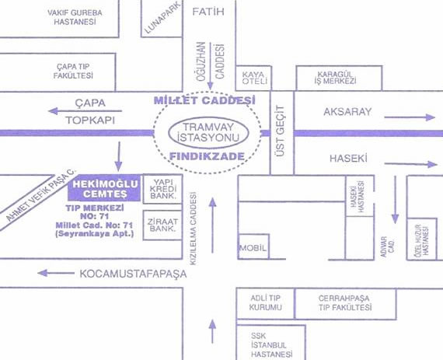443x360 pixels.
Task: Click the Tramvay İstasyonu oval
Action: click(x=208, y=121)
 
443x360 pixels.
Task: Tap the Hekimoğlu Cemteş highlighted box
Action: click(x=104, y=188)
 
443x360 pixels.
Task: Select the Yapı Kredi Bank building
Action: click(x=162, y=189)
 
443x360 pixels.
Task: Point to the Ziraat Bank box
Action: click(x=162, y=225)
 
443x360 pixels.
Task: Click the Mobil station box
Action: click(x=253, y=246)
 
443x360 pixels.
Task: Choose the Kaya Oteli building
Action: click(x=253, y=79)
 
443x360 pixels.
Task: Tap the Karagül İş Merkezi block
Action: click(x=339, y=79)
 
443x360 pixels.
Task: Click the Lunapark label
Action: click(x=162, y=19)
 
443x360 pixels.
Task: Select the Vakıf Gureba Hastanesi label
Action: click(x=75, y=17)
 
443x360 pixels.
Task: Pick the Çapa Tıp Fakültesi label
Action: click(x=73, y=71)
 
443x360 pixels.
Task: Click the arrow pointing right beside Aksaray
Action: click(x=410, y=117)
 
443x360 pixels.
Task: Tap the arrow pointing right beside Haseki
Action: click(x=411, y=164)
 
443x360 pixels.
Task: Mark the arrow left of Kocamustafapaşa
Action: click(x=56, y=273)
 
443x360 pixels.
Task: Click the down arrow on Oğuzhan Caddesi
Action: click(x=210, y=66)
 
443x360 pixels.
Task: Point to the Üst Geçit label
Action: click(x=281, y=131)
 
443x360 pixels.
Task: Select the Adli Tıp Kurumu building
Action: click(x=265, y=303)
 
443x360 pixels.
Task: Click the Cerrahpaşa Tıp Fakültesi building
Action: click(x=345, y=303)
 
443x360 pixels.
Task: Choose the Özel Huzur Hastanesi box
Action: click(x=422, y=239)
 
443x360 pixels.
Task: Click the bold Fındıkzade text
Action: click(x=207, y=156)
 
